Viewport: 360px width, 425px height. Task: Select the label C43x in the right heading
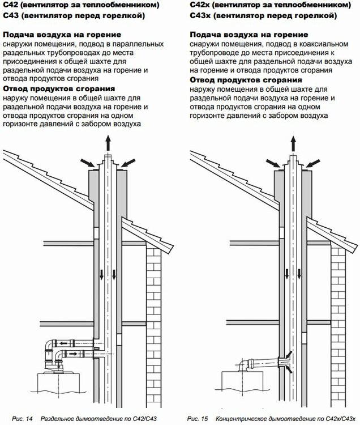[199, 15]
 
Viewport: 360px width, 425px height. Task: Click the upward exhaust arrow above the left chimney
[108, 143]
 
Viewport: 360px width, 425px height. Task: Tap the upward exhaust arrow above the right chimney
[293, 143]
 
